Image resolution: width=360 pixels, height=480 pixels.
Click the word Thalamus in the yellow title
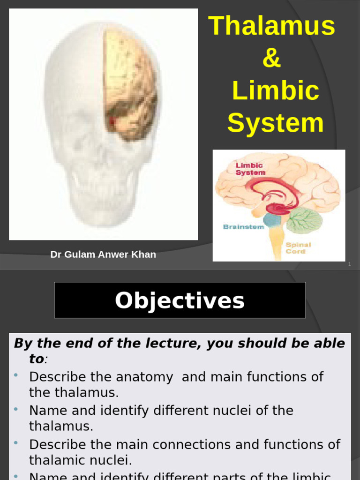(x=272, y=26)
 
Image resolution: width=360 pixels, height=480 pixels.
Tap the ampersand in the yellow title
(x=272, y=59)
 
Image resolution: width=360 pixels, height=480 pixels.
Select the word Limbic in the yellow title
(x=276, y=91)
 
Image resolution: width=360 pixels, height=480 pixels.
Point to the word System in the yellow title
(x=276, y=123)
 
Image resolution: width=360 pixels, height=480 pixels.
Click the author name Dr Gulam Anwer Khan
(x=103, y=255)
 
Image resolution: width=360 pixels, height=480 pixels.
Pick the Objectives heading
(x=180, y=300)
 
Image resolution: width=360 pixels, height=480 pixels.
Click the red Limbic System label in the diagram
(x=250, y=169)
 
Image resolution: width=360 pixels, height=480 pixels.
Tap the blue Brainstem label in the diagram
(x=244, y=227)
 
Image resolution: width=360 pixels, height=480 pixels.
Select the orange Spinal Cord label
(x=298, y=248)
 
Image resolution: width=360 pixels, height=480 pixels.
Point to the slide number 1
(x=349, y=265)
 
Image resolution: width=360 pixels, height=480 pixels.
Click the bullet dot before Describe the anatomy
(x=16, y=375)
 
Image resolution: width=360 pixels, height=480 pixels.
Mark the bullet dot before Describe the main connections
(x=16, y=443)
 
